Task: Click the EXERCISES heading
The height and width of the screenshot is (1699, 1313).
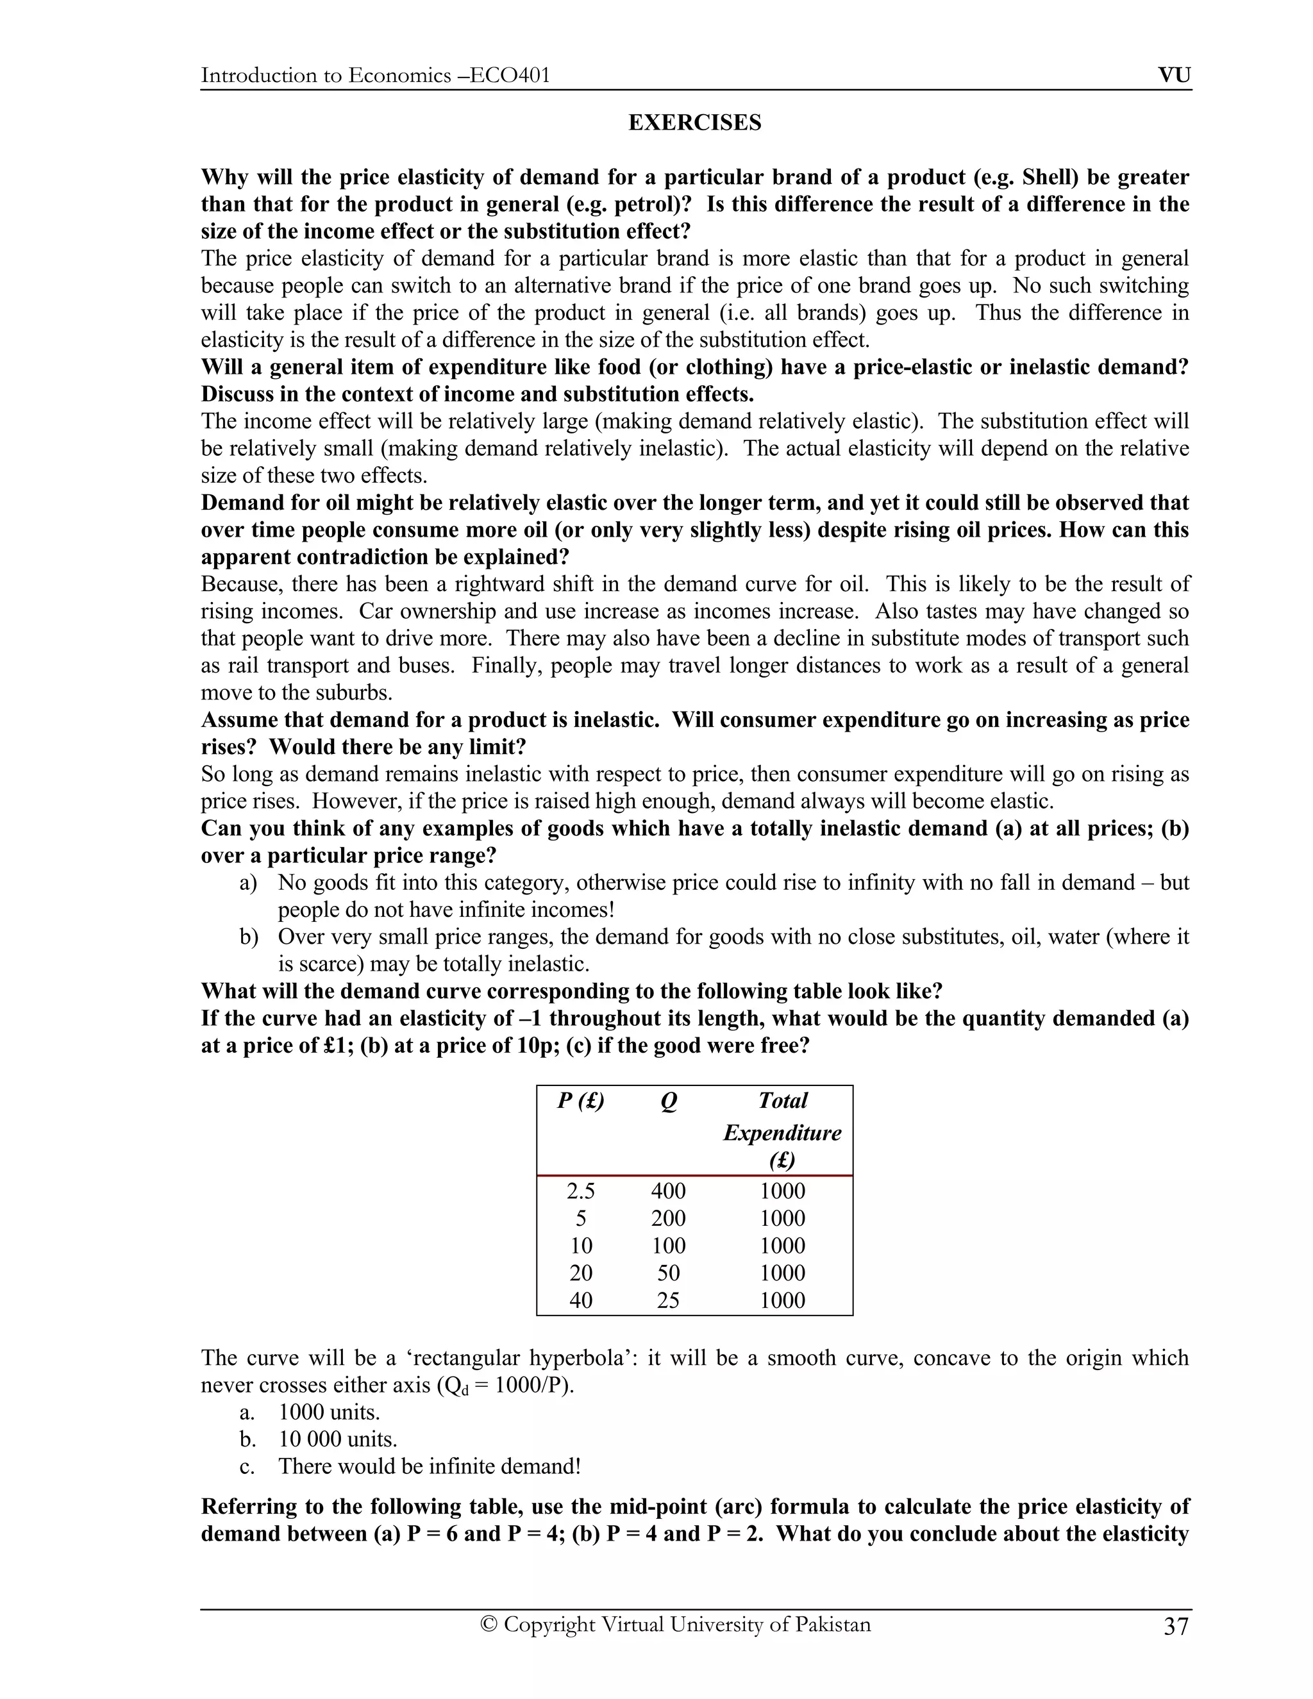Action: pyautogui.click(x=694, y=123)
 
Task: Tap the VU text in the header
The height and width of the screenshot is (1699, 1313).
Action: pyautogui.click(x=1174, y=76)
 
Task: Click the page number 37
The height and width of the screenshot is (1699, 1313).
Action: pyautogui.click(x=1176, y=1626)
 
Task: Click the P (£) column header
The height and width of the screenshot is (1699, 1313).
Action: pyautogui.click(x=580, y=1101)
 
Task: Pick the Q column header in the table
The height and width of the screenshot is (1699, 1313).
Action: pyautogui.click(x=668, y=1101)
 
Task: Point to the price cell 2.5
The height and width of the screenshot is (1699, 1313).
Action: pyautogui.click(x=581, y=1191)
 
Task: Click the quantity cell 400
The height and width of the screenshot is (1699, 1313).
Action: pyautogui.click(x=668, y=1191)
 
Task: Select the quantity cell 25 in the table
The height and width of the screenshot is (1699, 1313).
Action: pyautogui.click(x=668, y=1300)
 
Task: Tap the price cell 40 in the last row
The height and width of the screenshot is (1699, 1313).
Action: pyautogui.click(x=581, y=1300)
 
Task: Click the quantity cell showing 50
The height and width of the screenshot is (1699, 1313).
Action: pyautogui.click(x=668, y=1273)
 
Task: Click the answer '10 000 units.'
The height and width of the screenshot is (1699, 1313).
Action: pyautogui.click(x=338, y=1439)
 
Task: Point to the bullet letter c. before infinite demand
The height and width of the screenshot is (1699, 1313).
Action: pyautogui.click(x=247, y=1466)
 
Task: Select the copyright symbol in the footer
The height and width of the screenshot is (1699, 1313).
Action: pyautogui.click(x=489, y=1625)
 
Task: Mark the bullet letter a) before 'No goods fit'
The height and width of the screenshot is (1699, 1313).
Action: pyautogui.click(x=248, y=883)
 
